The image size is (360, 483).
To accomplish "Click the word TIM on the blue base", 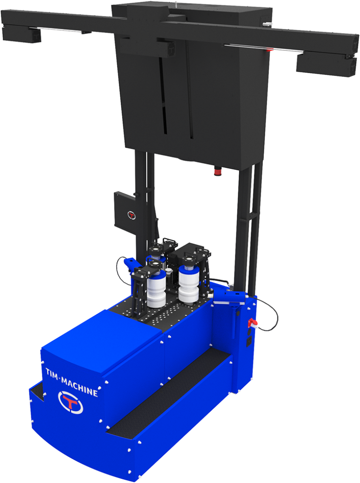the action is click(x=51, y=374).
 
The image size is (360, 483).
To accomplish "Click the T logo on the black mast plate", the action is click(x=132, y=215).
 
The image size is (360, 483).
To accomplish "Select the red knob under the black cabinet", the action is click(x=218, y=170).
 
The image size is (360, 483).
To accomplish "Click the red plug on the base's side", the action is click(x=252, y=323).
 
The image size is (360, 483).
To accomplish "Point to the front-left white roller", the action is click(x=157, y=291).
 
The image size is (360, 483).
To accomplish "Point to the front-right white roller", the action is click(x=189, y=285).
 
